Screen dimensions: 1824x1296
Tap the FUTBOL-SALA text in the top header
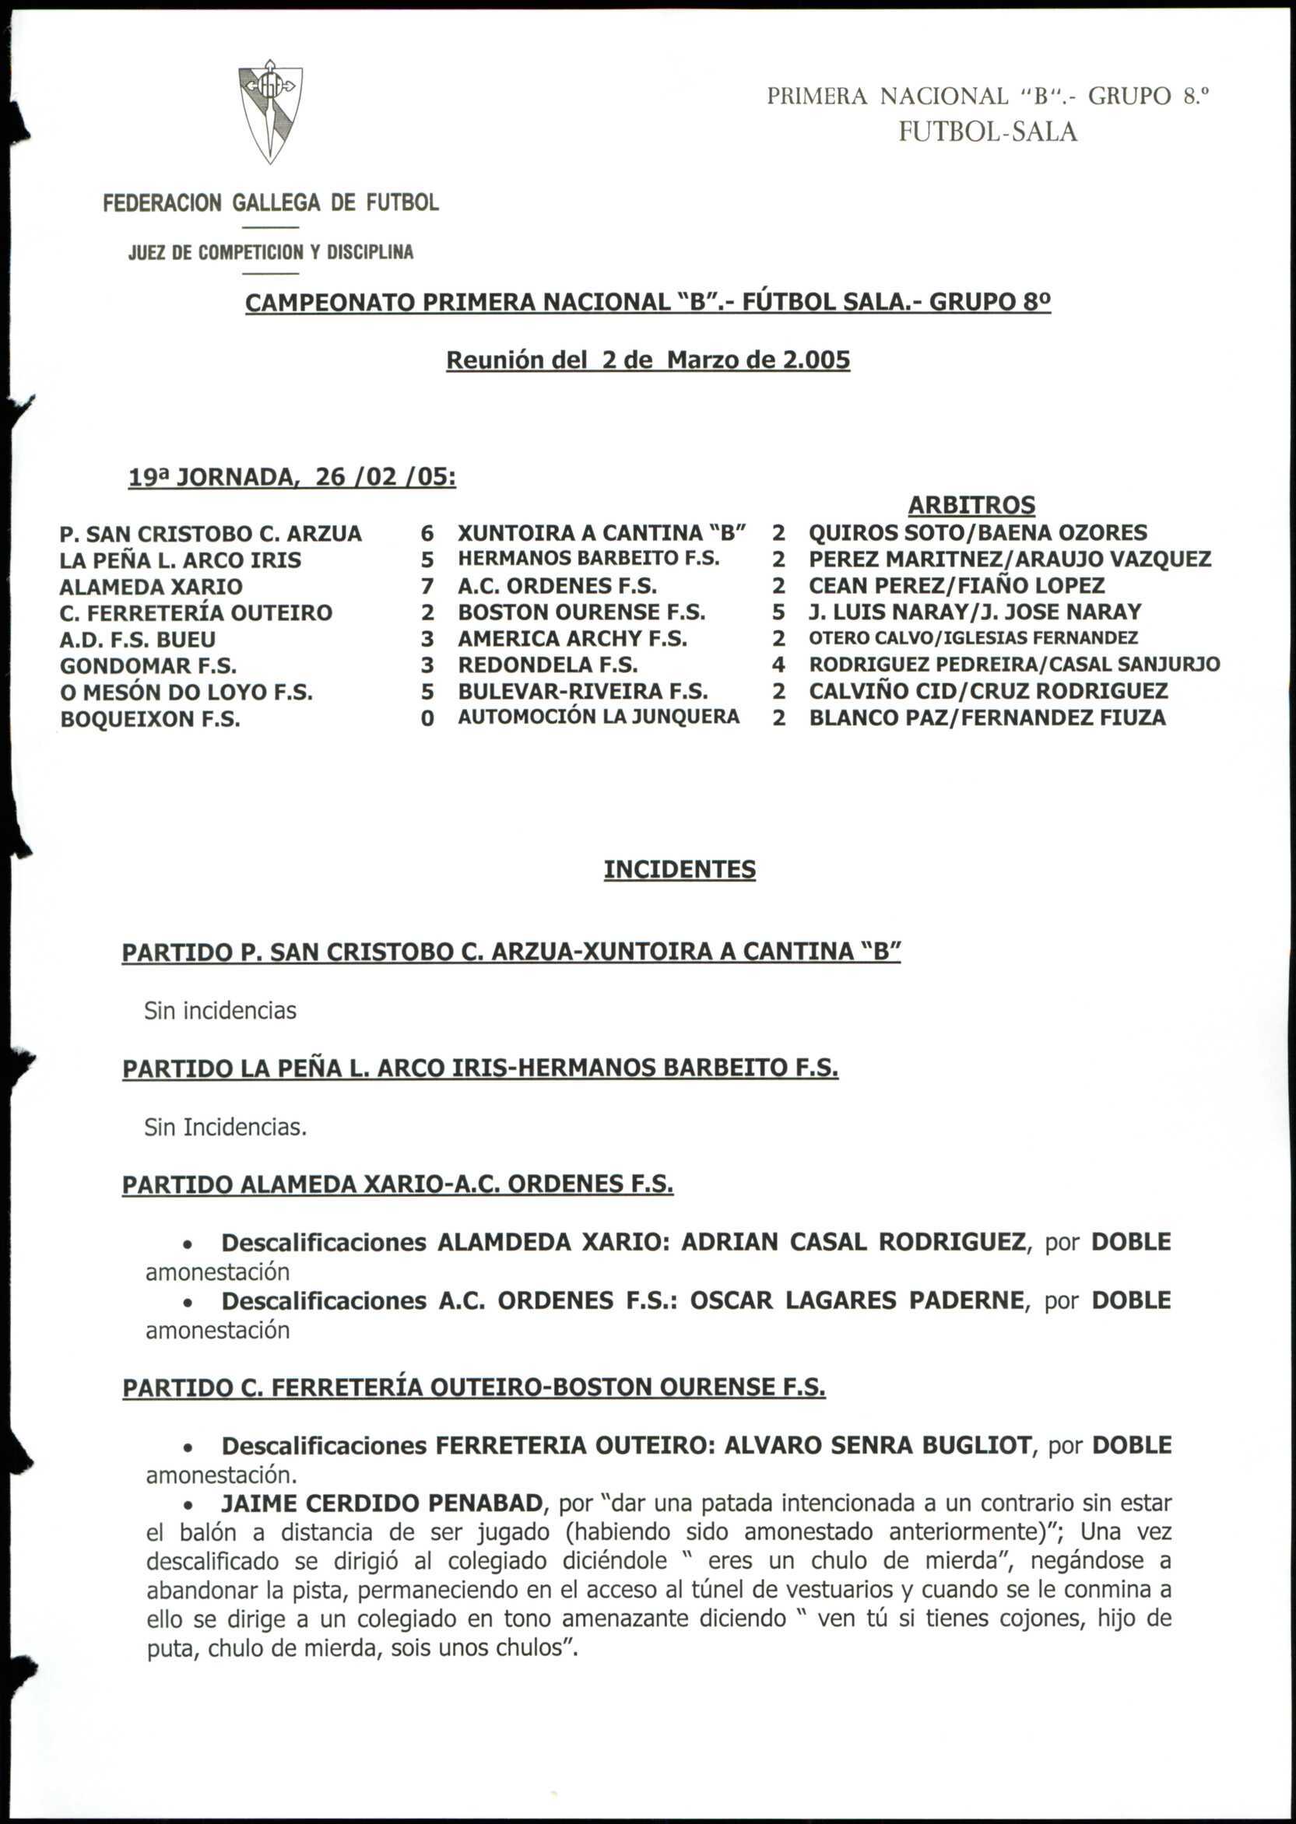coord(987,132)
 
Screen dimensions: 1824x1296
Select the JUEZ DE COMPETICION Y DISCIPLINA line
coord(271,253)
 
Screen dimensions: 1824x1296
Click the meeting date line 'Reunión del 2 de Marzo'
coord(647,360)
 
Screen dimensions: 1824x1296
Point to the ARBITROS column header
coord(971,505)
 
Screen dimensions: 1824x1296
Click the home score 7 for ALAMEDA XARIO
coord(428,587)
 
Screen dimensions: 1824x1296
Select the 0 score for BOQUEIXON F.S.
coord(428,719)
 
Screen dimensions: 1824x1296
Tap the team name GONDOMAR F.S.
coord(149,666)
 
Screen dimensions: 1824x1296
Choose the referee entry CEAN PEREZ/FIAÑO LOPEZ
coord(956,586)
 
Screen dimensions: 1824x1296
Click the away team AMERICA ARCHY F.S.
coord(572,639)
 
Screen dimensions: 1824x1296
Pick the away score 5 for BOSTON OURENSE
coord(779,612)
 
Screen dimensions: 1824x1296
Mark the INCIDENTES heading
coord(679,870)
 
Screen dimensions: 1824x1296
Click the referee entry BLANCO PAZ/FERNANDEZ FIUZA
coord(987,718)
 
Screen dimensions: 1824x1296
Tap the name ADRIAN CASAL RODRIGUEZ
coord(853,1243)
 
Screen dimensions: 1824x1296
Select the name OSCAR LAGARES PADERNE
coord(856,1300)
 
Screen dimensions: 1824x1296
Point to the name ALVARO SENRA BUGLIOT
coord(878,1446)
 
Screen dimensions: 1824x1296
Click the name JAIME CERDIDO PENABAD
coord(382,1504)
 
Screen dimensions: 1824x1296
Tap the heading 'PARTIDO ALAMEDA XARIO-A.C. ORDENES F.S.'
coord(398,1184)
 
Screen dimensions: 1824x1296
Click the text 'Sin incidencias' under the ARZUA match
coord(220,1011)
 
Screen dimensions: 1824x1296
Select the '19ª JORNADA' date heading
coord(292,477)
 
